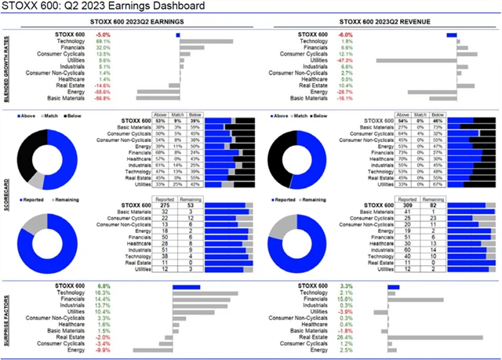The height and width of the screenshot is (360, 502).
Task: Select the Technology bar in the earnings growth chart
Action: (x=206, y=41)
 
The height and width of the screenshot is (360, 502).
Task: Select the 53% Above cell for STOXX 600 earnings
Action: (x=160, y=121)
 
